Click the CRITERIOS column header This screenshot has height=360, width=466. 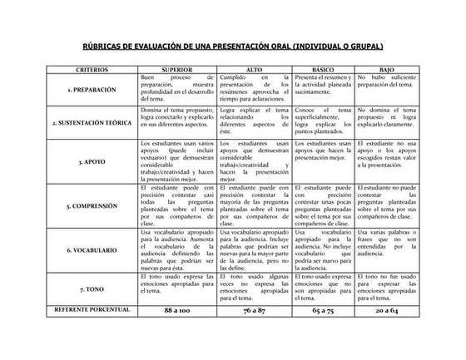[92, 70]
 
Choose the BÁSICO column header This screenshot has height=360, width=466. [323, 70]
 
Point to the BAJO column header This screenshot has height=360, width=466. [386, 70]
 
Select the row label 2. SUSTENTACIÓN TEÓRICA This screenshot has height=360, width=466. [92, 122]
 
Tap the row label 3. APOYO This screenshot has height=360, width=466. [92, 163]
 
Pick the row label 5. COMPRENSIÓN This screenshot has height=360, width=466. [92, 205]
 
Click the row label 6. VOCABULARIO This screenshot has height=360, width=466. [92, 249]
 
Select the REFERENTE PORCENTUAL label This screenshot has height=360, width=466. [92, 310]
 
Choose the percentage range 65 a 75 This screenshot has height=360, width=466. [323, 310]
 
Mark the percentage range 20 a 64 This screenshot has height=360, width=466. [386, 310]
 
